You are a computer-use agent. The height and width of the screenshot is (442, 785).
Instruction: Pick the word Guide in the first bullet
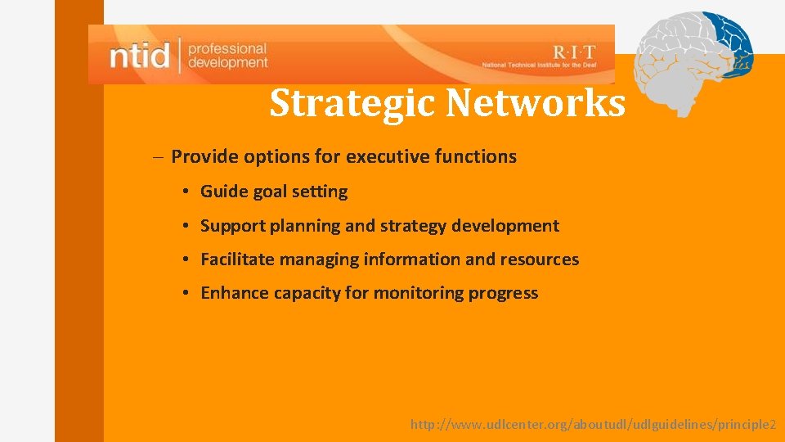(x=222, y=192)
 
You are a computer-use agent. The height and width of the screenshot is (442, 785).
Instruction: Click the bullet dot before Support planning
(x=186, y=226)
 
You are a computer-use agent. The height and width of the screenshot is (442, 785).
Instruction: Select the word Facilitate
(x=238, y=259)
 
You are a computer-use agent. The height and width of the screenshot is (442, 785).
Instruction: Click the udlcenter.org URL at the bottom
(x=593, y=425)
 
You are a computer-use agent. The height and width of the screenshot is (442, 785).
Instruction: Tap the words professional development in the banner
(x=227, y=56)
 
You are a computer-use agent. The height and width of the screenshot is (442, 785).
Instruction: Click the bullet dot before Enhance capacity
(x=186, y=293)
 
